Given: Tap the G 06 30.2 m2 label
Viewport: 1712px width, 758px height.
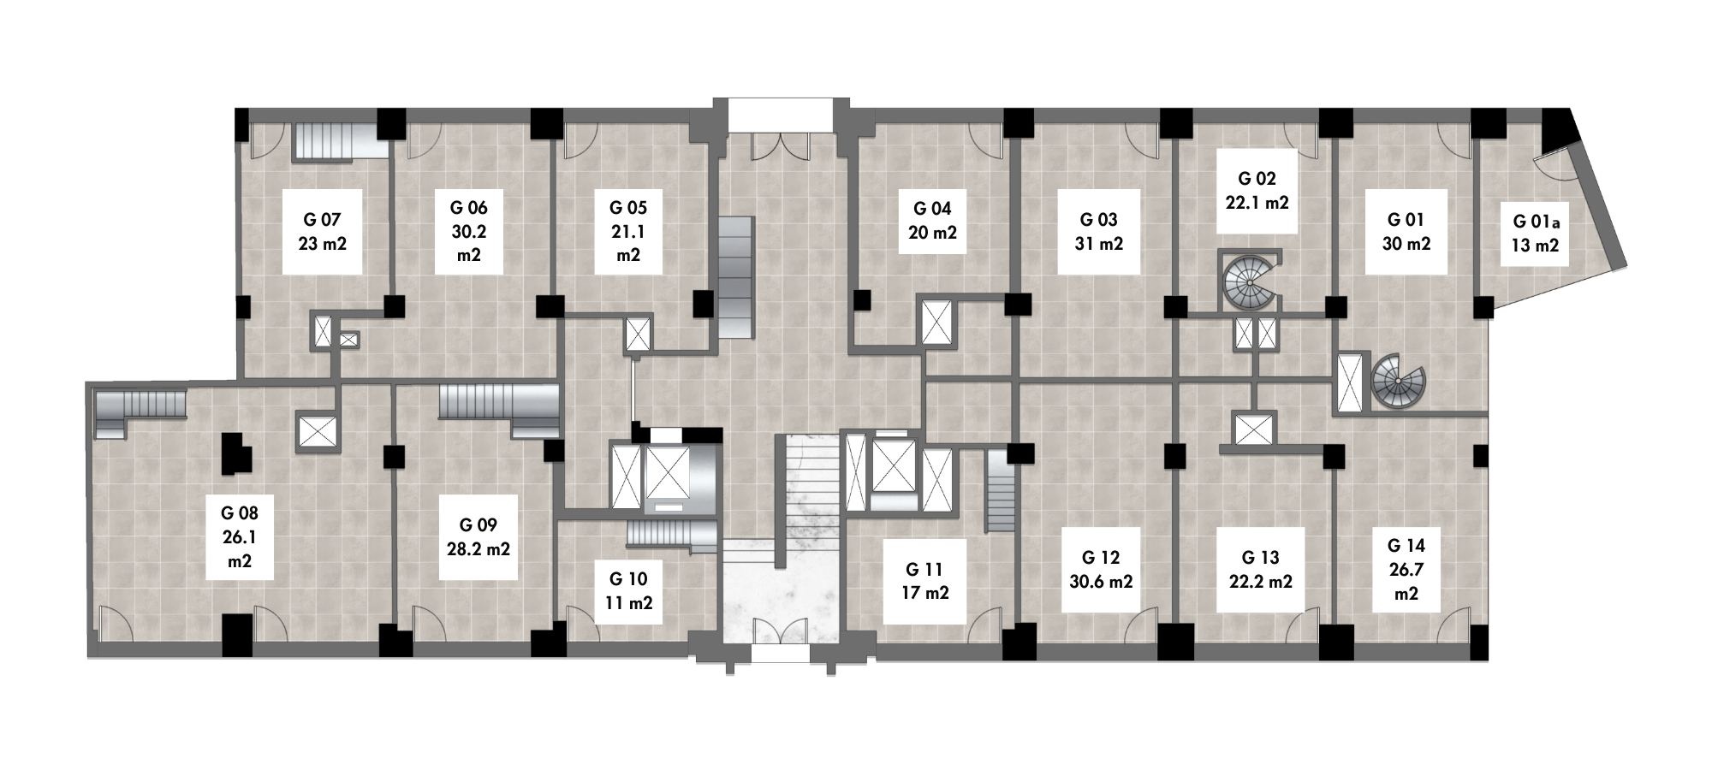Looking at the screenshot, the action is pyautogui.click(x=468, y=231).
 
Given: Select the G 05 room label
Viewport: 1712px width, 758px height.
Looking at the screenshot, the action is pyautogui.click(x=628, y=231).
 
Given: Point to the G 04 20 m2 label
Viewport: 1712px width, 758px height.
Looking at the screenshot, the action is pyautogui.click(x=932, y=221).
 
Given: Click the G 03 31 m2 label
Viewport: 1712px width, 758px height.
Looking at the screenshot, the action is pyautogui.click(x=1098, y=231).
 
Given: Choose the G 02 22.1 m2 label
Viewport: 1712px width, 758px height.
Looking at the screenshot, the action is pyautogui.click(x=1257, y=190).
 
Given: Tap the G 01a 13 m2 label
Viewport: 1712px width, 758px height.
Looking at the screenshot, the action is pyautogui.click(x=1536, y=234).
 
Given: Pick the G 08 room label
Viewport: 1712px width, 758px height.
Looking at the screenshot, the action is pyautogui.click(x=239, y=537).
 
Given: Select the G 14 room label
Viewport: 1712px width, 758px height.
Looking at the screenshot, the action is pyautogui.click(x=1406, y=569).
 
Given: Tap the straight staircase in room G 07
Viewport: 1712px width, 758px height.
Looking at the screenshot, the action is pyautogui.click(x=337, y=141).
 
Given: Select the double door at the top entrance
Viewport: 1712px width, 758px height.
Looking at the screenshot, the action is pyautogui.click(x=779, y=146).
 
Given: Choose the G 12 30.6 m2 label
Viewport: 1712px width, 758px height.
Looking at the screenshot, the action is pyautogui.click(x=1101, y=569).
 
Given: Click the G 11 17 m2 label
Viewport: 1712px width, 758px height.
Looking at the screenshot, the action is pyautogui.click(x=924, y=580).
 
